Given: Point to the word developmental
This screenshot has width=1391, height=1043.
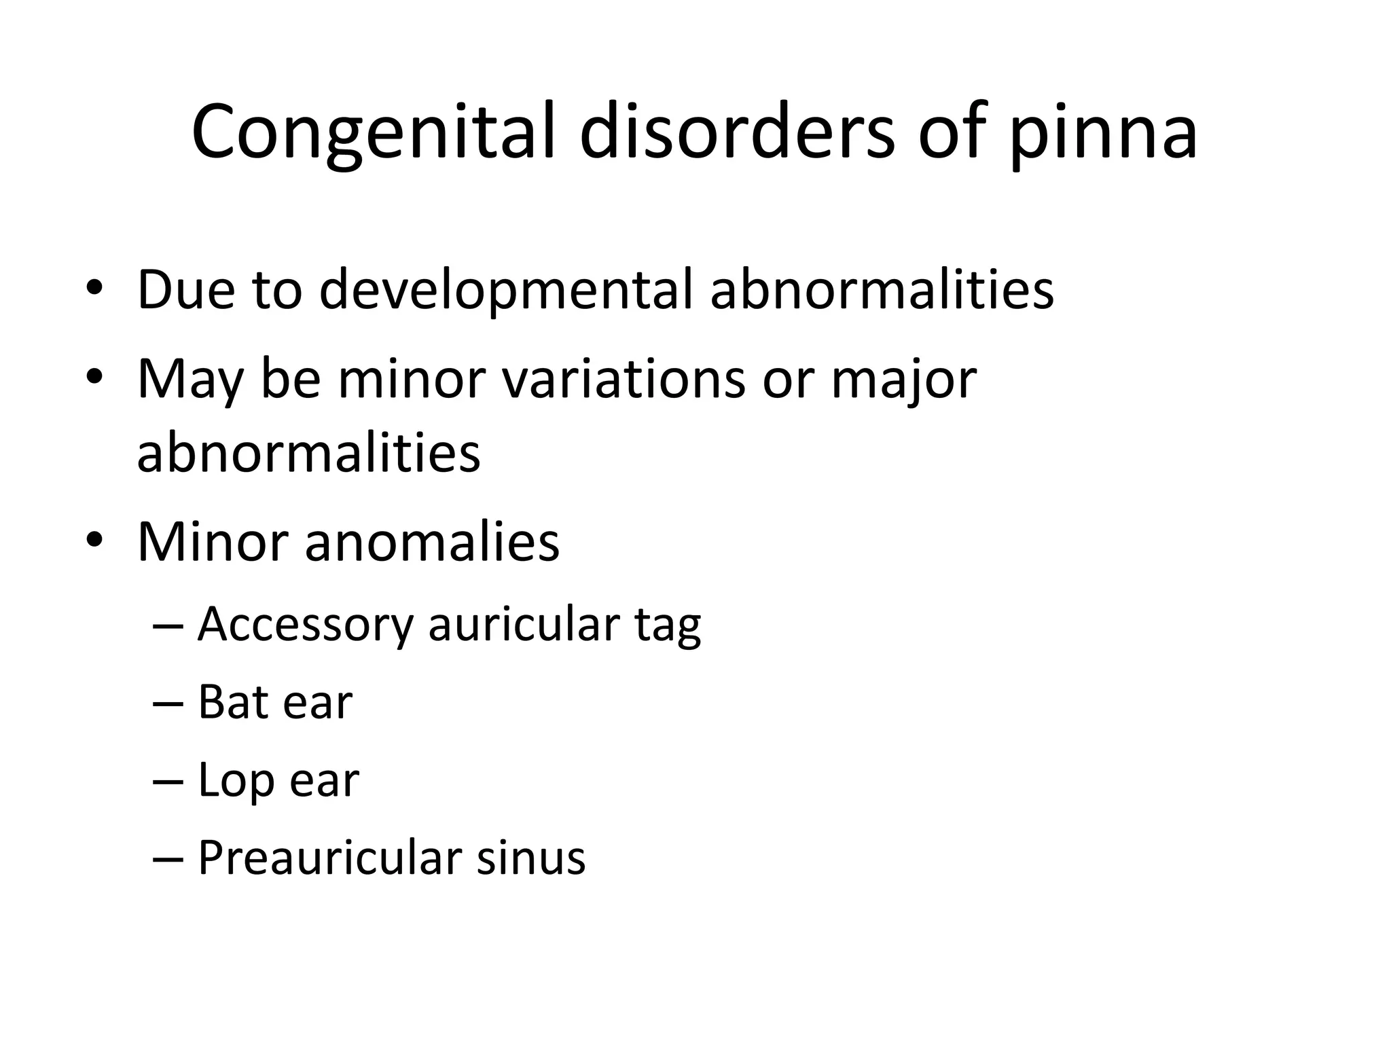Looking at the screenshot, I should pyautogui.click(x=505, y=290).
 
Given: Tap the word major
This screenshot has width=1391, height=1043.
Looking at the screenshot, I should pyautogui.click(x=903, y=380).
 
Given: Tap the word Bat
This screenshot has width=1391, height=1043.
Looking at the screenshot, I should pyautogui.click(x=231, y=702).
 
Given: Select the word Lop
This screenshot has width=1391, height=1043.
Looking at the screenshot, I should pyautogui.click(x=234, y=781).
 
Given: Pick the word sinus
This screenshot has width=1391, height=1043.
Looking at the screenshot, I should pyautogui.click(x=530, y=858).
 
